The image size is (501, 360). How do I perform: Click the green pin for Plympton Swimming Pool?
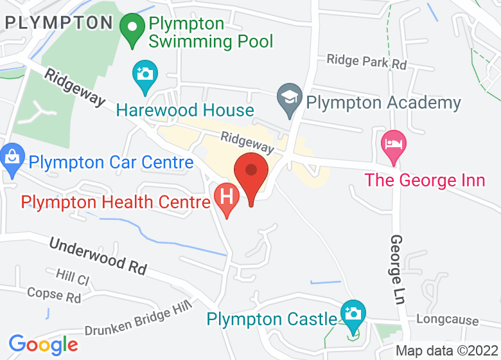pos(134,29)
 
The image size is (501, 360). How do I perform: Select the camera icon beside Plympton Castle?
pos(352,314)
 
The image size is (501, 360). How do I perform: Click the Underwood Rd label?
pos(98,256)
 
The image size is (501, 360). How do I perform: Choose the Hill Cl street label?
pos(72,277)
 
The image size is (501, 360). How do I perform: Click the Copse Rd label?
pos(54,295)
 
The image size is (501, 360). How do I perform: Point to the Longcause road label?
pos(448,319)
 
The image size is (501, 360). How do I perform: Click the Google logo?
pos(43,345)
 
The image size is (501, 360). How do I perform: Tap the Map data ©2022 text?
pos(446,351)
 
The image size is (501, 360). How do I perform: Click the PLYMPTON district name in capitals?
pos(59,23)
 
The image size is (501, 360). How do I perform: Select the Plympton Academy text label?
pos(383,102)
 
